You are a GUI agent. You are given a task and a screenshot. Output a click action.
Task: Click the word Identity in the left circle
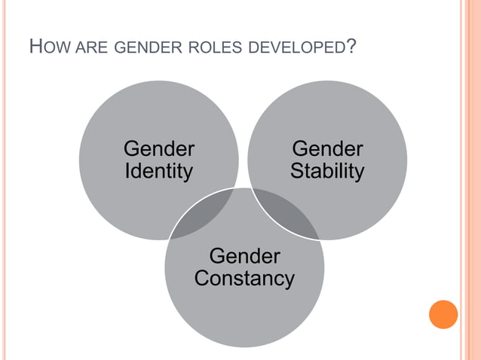coord(158,171)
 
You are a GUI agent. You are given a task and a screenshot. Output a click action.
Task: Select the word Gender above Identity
coord(158,148)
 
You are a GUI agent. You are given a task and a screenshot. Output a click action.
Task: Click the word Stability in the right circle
coord(327,171)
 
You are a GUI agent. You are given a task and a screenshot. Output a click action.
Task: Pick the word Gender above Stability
coord(327,148)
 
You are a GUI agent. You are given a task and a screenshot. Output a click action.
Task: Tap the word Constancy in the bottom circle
coord(244,279)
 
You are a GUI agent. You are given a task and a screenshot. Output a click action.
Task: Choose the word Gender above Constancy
coord(244,256)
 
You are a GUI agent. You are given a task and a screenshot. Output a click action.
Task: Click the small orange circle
coord(443,314)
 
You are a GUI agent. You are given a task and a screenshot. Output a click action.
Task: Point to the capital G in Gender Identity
coord(131,148)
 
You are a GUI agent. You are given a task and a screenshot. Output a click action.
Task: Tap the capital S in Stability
coord(296,171)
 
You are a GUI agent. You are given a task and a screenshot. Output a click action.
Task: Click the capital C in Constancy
coord(201,279)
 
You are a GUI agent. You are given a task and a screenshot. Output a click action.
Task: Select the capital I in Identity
coord(127,171)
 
